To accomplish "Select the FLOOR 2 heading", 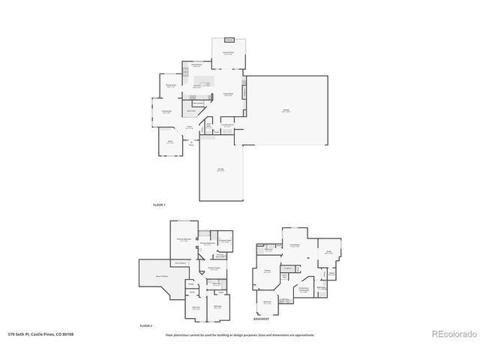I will click(146, 325).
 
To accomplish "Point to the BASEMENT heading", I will click(262, 319).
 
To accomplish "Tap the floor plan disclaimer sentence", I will click(240, 334).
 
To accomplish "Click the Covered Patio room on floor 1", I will click(228, 53).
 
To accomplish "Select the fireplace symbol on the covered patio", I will click(229, 40).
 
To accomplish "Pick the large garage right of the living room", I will click(286, 110).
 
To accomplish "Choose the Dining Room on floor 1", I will click(171, 85).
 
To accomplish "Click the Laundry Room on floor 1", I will click(226, 126).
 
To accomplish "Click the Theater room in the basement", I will click(267, 271).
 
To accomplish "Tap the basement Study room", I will click(328, 252).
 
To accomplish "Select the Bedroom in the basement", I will click(267, 303).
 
